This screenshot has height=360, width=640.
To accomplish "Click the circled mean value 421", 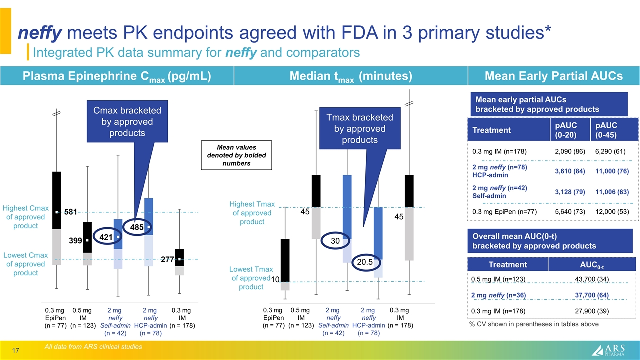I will (105, 238).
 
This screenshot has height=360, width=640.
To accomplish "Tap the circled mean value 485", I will (137, 227).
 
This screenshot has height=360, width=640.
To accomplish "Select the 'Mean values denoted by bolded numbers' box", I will (236, 155).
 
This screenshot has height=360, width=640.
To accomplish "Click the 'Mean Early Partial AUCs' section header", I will (553, 76).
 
